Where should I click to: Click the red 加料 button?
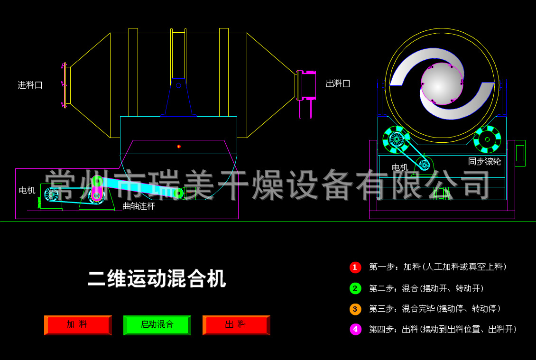78,325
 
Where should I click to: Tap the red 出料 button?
236,325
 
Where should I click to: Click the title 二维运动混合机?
157,278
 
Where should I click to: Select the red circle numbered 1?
355,267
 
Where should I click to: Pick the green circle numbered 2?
355,288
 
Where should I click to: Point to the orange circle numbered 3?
355,309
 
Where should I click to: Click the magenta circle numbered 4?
355,329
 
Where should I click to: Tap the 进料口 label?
30,85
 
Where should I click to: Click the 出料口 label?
338,83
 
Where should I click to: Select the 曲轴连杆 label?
139,206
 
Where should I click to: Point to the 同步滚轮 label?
484,161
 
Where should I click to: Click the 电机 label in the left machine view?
27,190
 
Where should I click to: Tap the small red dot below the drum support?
179,147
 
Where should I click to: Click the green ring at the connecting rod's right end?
178,193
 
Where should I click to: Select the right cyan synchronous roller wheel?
487,139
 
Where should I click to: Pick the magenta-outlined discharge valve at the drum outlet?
308,85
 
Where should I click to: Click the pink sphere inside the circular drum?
442,83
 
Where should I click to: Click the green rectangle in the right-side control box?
520,153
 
